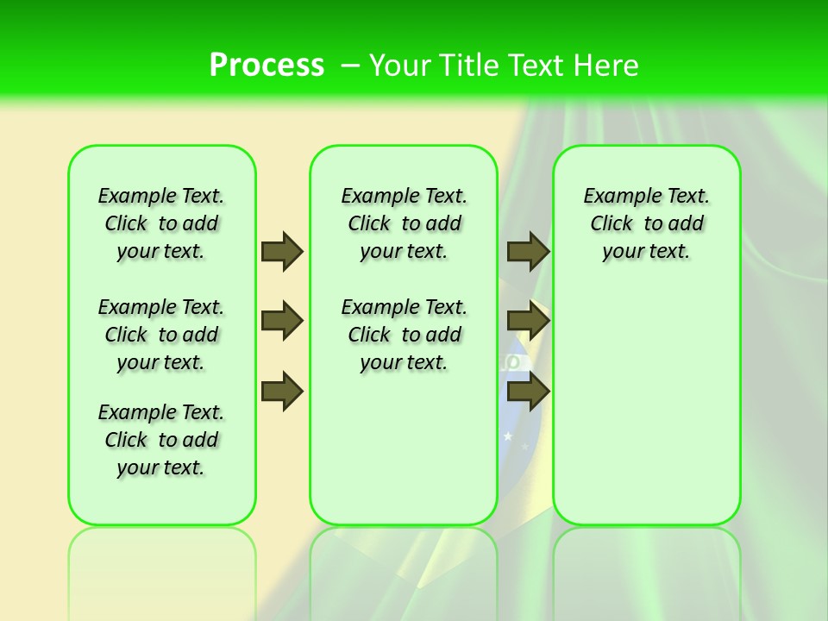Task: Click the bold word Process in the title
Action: coord(267,66)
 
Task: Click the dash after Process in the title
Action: coord(350,66)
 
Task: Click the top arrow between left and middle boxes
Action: coord(282,251)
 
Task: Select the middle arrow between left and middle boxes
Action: coord(282,321)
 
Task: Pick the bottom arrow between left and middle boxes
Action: coord(282,392)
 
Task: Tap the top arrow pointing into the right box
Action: coord(528,251)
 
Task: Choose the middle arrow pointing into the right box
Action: coord(528,321)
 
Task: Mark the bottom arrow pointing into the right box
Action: coord(528,392)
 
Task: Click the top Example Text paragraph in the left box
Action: coord(161,223)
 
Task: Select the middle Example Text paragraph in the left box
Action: coord(161,335)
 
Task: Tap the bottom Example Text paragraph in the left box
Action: coord(161,440)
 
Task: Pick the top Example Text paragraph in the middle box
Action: coord(404,223)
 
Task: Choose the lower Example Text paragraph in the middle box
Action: coord(404,335)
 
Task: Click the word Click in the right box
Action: coord(612,223)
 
